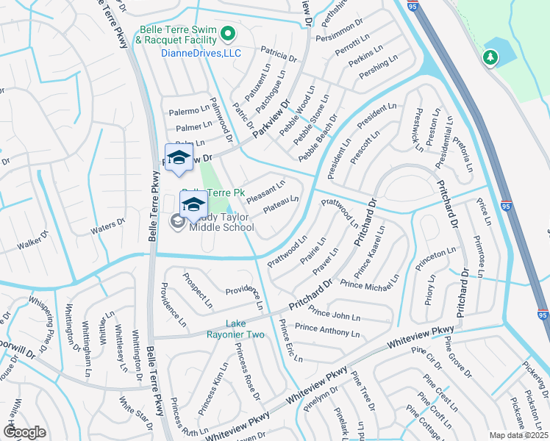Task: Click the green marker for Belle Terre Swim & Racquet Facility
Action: [x=227, y=33]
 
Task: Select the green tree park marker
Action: [x=490, y=57]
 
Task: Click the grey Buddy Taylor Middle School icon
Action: [x=178, y=221]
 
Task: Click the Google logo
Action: [x=25, y=432]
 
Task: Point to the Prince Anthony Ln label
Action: [x=327, y=330]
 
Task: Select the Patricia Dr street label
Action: [x=279, y=54]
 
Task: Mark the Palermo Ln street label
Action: [x=190, y=111]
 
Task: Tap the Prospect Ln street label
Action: [x=198, y=292]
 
